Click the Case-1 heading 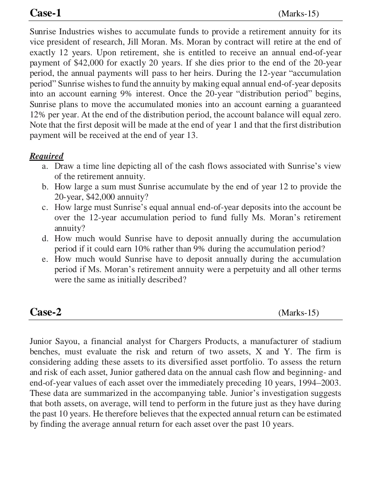coord(45,13)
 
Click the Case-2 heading coord(45,312)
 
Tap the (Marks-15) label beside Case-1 coord(299,14)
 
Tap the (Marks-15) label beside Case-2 coord(299,313)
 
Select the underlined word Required coord(46,156)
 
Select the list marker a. coord(45,167)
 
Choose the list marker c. coord(45,208)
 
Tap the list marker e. coord(45,259)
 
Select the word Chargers coord(184,341)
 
